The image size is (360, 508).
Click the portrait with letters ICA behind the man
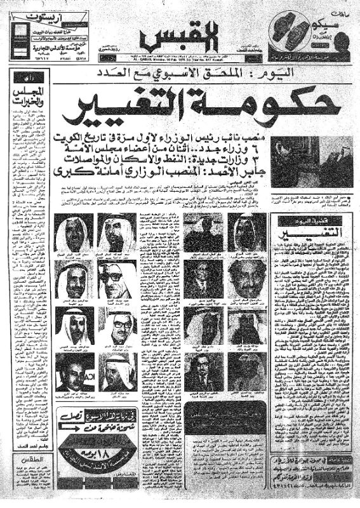pos(76,371)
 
